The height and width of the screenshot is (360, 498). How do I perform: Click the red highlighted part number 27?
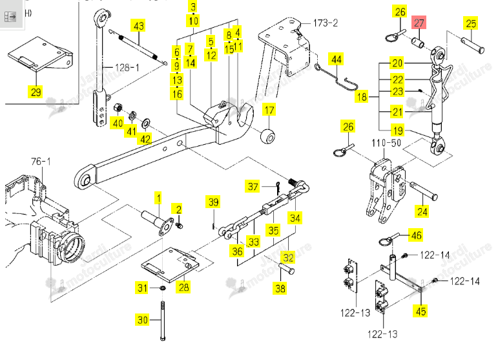pos(419,23)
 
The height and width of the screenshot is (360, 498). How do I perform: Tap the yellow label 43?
pos(138,26)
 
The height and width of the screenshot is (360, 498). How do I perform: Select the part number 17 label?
pos(269,110)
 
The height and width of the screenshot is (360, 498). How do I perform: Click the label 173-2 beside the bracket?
pos(326,23)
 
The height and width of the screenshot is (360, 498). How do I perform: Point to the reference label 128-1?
pos(127,67)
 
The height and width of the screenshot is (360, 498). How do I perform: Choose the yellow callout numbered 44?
pos(337,59)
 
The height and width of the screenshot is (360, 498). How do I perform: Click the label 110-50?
pos(386,143)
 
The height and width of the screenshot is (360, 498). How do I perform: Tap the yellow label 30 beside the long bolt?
pos(143,319)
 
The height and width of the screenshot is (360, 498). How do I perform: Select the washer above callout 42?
pos(146,123)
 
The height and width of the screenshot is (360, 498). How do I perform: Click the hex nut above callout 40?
pos(118,108)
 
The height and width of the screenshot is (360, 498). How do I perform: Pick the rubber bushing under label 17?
pos(268,136)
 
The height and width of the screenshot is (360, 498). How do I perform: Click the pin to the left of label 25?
pos(473,45)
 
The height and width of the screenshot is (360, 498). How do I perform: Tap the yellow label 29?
pos(36,92)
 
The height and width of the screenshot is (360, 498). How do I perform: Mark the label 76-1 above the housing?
pos(41,162)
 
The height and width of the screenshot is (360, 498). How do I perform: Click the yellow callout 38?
pos(280,288)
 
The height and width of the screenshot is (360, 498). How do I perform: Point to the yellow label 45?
pos(421,310)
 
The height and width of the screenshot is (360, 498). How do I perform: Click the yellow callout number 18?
pos(362,96)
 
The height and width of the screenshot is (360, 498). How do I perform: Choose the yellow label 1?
pos(158,198)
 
